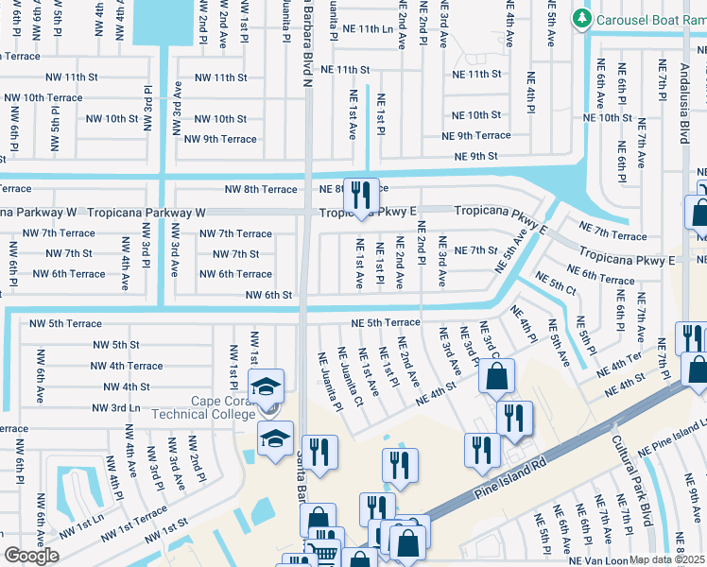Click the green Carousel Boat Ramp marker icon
coord(582,18)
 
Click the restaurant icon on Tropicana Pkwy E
coord(360,196)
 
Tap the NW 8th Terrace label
coord(257,190)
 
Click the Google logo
coord(31,556)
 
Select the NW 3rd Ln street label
coord(116,407)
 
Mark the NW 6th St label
coord(267,295)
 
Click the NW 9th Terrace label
coord(220,139)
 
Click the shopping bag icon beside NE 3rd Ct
coord(496,376)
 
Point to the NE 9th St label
coord(475,157)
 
